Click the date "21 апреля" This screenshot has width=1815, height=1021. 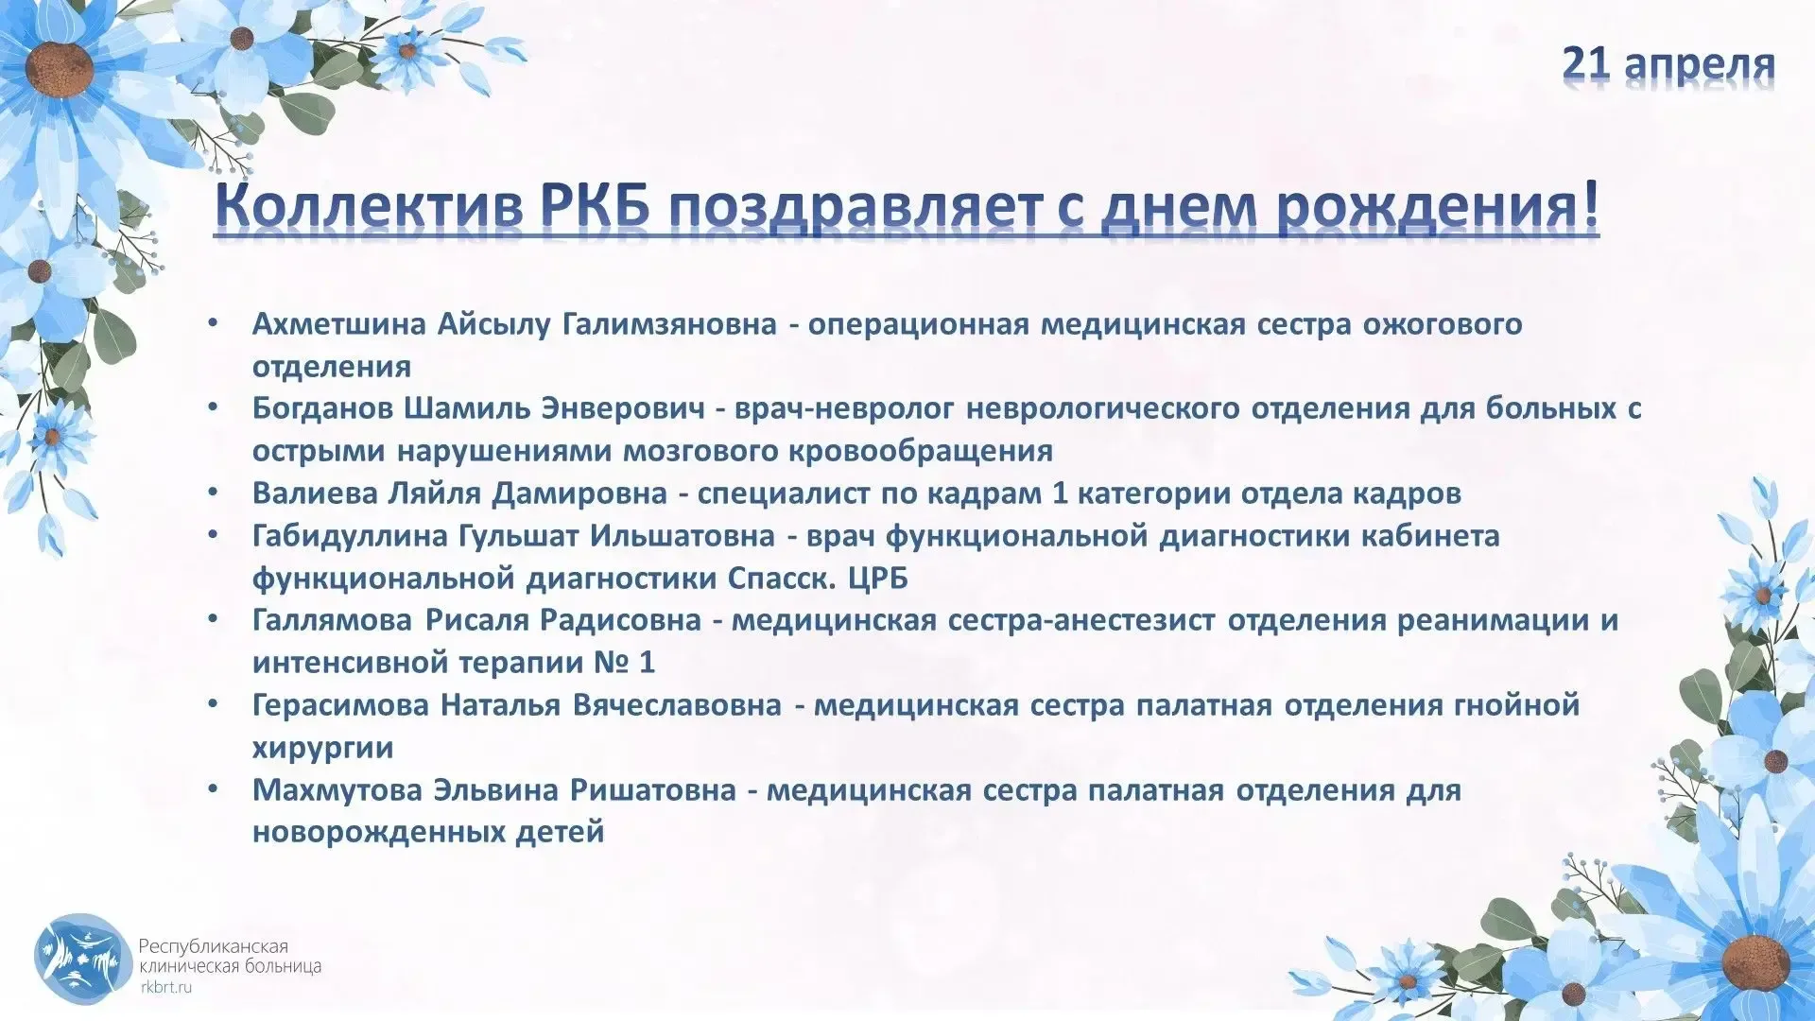click(x=1668, y=63)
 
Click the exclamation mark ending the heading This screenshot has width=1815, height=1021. click(x=1588, y=203)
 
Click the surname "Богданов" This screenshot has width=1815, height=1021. click(x=322, y=408)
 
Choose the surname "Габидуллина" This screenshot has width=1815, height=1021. click(x=350, y=536)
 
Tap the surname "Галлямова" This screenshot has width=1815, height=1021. click(x=333, y=620)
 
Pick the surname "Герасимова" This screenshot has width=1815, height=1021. click(x=341, y=705)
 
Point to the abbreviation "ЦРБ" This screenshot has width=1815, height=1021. click(x=878, y=578)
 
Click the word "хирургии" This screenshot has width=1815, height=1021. click(x=323, y=748)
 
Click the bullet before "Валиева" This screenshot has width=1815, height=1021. click(x=214, y=493)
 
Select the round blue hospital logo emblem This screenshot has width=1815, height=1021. click(x=82, y=959)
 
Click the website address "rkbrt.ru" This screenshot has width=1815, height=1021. click(x=165, y=987)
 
